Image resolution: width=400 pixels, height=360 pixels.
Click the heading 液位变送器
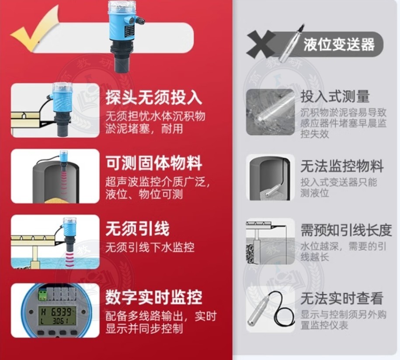[x=339, y=44]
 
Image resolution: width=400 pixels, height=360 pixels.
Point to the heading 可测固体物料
[x=154, y=163]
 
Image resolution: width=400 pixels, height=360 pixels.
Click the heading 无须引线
[x=138, y=228]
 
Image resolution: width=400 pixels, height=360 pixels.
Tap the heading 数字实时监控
[x=154, y=297]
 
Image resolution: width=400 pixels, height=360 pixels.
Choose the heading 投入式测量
[x=335, y=96]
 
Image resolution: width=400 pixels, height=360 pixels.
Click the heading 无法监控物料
[x=342, y=166]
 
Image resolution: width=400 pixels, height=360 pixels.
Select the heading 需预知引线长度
[x=346, y=230]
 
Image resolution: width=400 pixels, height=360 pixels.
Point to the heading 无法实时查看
[x=342, y=298]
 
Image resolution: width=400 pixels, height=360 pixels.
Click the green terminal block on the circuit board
[x=43, y=294]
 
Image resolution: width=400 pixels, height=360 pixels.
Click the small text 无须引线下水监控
[x=150, y=247]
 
